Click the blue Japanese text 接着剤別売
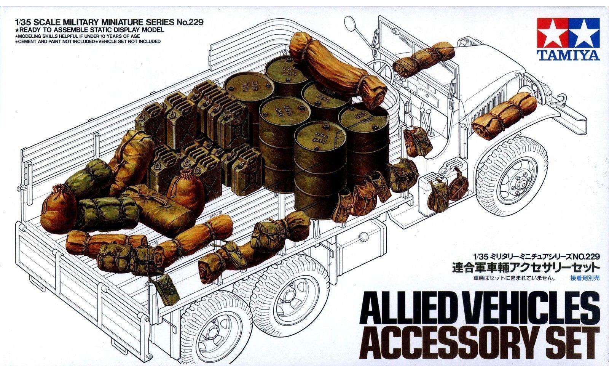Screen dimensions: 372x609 [585, 277]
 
